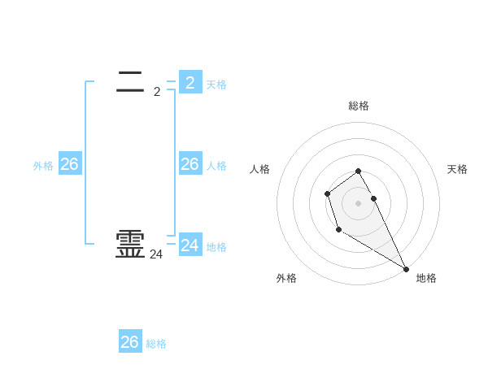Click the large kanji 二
(x=131, y=80)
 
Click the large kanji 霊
(x=131, y=245)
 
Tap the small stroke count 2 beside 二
(x=157, y=92)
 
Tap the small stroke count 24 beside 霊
(x=156, y=254)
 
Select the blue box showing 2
(x=190, y=82)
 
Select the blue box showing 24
(x=190, y=245)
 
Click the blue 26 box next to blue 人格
(x=190, y=164)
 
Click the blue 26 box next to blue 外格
(x=69, y=164)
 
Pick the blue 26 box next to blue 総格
(x=130, y=342)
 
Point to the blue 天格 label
(x=216, y=85)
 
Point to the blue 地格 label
(x=216, y=247)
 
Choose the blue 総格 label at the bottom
(x=156, y=345)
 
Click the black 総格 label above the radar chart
(x=359, y=106)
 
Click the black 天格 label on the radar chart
(x=457, y=169)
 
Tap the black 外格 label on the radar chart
(x=286, y=278)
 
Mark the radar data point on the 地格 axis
(x=407, y=269)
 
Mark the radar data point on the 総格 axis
(x=358, y=171)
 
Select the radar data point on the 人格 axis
(x=327, y=193)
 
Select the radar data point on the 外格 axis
(x=338, y=230)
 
